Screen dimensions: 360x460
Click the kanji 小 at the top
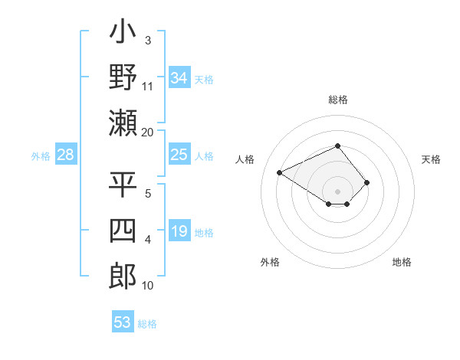point(123,35)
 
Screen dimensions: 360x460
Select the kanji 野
point(123,78)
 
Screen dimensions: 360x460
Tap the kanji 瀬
point(123,123)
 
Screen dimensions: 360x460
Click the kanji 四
point(123,231)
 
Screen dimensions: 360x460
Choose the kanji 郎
point(123,276)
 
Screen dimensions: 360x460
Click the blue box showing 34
point(179,78)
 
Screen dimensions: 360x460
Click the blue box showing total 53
point(123,322)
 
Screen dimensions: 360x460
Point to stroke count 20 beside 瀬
point(147,133)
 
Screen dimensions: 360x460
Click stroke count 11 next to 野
point(147,86)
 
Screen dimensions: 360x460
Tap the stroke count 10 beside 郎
point(147,286)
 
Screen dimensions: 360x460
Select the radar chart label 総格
point(338,100)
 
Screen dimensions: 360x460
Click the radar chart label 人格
point(245,159)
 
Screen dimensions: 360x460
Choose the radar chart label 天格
point(431,159)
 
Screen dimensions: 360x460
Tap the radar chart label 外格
point(270,262)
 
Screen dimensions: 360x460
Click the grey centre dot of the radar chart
point(337,190)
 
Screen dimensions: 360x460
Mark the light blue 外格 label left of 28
point(41,156)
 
